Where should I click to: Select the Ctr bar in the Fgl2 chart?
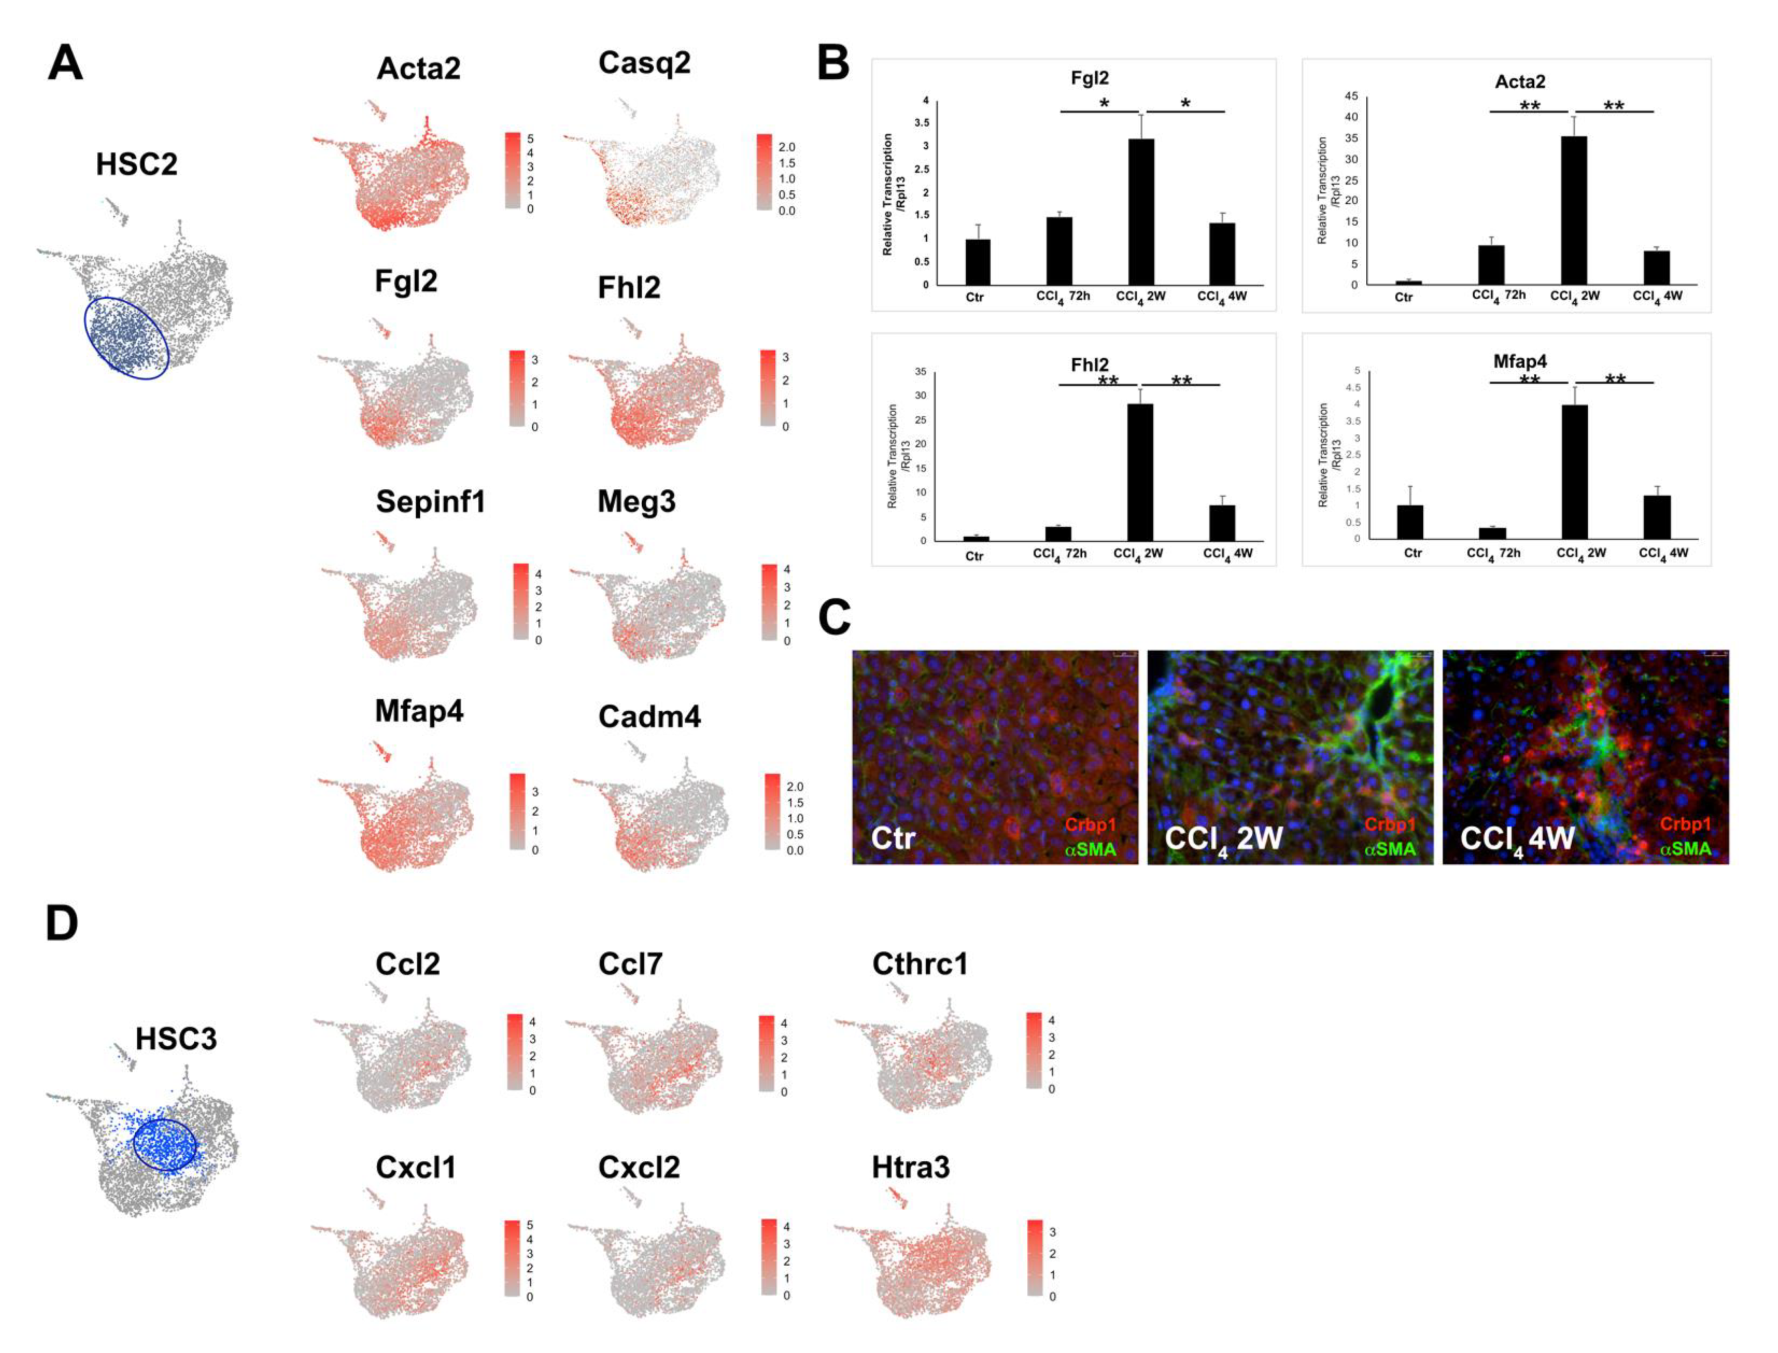click(978, 262)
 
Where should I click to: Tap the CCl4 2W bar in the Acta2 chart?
click(1574, 210)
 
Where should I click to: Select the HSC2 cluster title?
click(136, 164)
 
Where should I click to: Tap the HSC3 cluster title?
click(176, 1039)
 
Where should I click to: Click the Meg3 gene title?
click(636, 502)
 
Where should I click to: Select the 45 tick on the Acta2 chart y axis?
click(1351, 97)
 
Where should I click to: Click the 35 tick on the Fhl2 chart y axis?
click(920, 372)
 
